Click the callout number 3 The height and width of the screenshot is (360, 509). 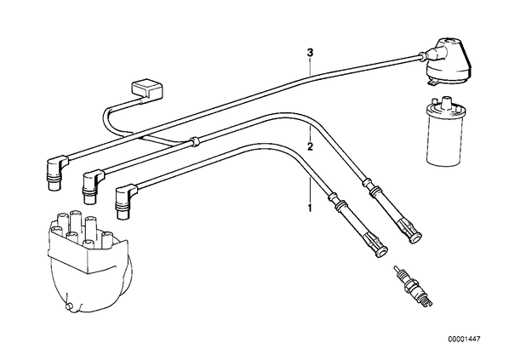(x=311, y=52)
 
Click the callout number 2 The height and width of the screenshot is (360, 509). (x=310, y=146)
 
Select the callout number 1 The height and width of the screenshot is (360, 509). (x=310, y=208)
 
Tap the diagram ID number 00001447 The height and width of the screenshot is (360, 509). (x=464, y=340)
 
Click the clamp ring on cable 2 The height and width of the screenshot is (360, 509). (x=194, y=141)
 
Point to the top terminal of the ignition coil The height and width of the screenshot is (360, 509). (x=444, y=101)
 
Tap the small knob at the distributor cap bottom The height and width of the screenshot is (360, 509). (x=69, y=306)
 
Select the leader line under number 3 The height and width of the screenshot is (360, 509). (x=311, y=66)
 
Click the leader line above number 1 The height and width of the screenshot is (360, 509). (x=310, y=190)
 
